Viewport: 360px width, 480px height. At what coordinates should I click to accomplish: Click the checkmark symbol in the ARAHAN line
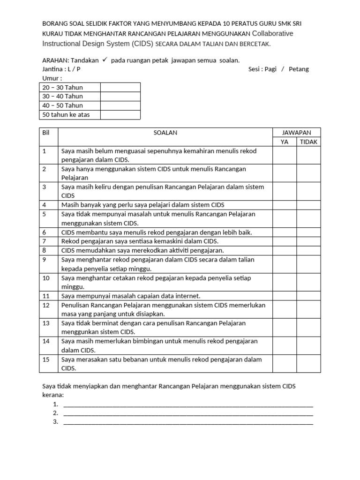pyautogui.click(x=105, y=60)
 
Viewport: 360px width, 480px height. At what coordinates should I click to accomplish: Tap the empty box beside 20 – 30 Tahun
pyautogui.click(x=120, y=87)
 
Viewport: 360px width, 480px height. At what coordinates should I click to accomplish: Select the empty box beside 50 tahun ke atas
pyautogui.click(x=120, y=115)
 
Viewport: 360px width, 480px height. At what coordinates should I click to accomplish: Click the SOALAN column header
pyautogui.click(x=165, y=133)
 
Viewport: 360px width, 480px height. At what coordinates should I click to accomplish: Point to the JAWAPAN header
pyautogui.click(x=297, y=133)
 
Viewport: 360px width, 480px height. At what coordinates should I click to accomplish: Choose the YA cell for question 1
pyautogui.click(x=285, y=155)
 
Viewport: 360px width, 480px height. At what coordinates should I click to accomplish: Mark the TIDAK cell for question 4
pyautogui.click(x=308, y=205)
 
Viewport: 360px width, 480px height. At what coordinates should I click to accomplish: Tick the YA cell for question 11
pyautogui.click(x=285, y=296)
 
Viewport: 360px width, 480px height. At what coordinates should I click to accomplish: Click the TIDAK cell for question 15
pyautogui.click(x=308, y=364)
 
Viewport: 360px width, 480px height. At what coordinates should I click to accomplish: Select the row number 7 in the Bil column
pyautogui.click(x=45, y=241)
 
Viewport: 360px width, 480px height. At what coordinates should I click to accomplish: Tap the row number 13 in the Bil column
pyautogui.click(x=46, y=323)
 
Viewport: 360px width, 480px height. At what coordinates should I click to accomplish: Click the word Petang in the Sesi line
pyautogui.click(x=299, y=69)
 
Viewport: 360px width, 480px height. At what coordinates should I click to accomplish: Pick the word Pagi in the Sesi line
pyautogui.click(x=270, y=69)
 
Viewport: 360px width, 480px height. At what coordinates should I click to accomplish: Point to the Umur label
pyautogui.click(x=52, y=78)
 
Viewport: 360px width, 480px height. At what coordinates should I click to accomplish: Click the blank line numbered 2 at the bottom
pyautogui.click(x=188, y=413)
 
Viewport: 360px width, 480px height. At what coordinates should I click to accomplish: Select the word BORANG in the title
pyautogui.click(x=55, y=23)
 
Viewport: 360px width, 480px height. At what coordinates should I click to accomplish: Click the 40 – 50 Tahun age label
pyautogui.click(x=63, y=105)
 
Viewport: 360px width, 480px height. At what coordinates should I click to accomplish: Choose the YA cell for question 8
pyautogui.click(x=285, y=250)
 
